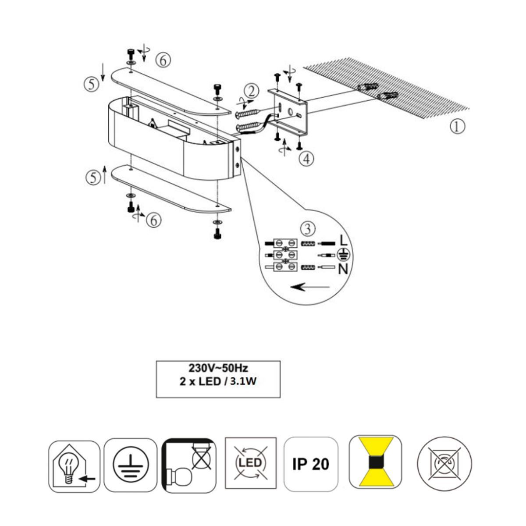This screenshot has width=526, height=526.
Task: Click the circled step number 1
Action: pos(457,127)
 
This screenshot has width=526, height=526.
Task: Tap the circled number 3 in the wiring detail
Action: pos(308,229)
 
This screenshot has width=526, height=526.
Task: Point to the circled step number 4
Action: pos(306,159)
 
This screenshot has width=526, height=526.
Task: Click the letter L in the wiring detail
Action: pos(343,241)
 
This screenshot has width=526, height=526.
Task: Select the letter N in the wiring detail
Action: pos(343,270)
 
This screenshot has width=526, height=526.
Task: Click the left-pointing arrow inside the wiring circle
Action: pos(310,287)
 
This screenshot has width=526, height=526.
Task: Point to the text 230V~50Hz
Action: pos(218,368)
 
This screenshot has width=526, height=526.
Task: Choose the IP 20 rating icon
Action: pos(311,464)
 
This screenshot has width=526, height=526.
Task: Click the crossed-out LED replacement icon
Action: pos(251,463)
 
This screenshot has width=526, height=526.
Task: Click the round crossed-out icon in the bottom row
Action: pos(444,463)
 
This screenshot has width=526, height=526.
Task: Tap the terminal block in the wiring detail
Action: pos(285,254)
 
